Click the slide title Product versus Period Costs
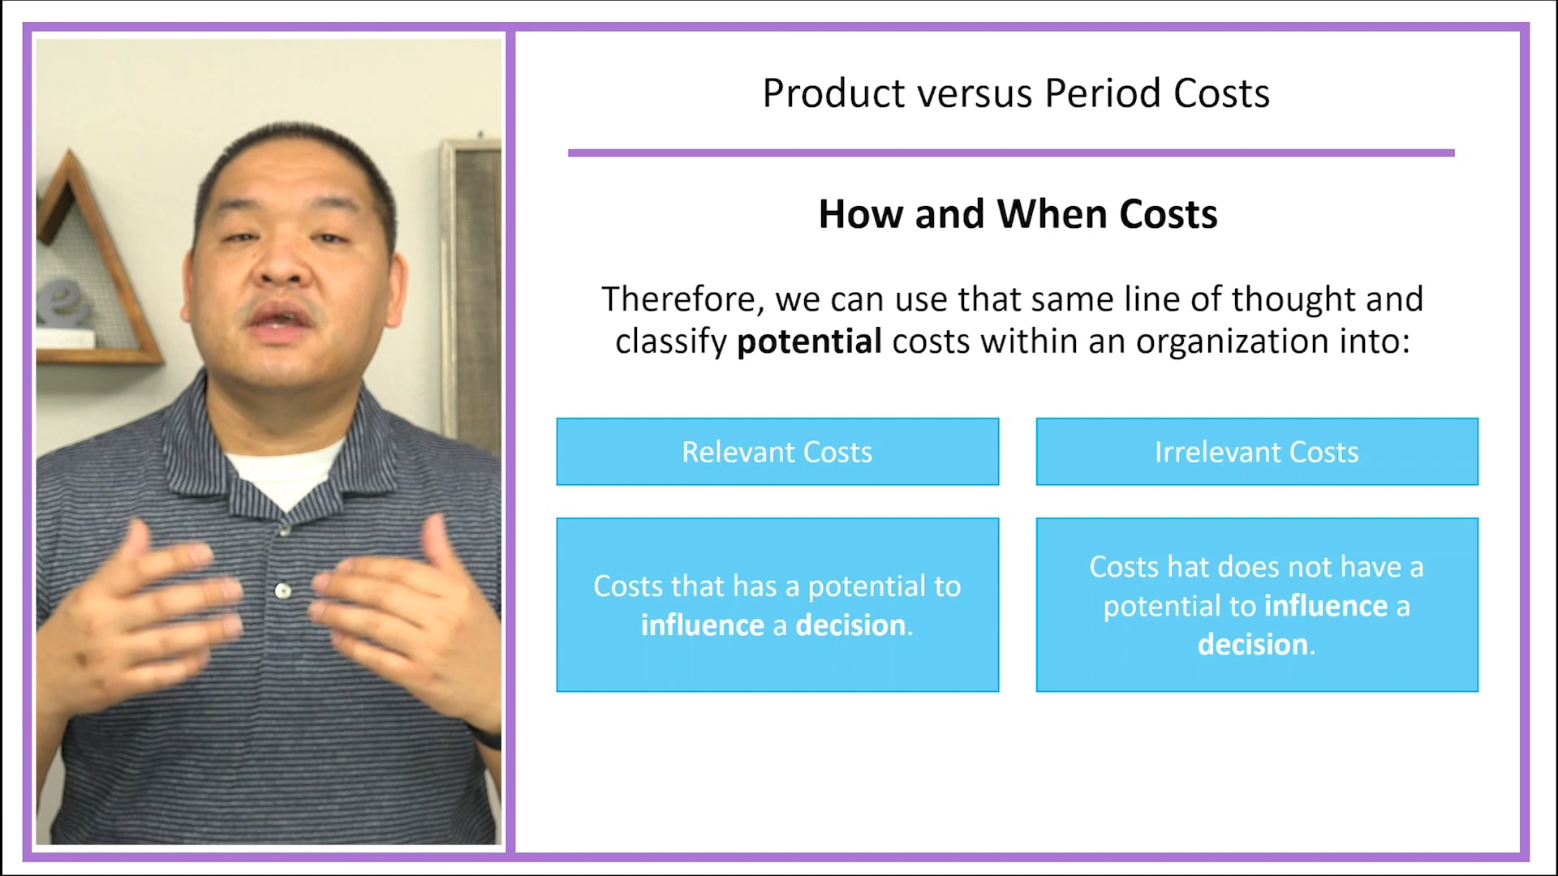[1015, 93]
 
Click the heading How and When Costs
[1018, 215]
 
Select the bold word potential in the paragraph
[808, 341]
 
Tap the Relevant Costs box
[777, 452]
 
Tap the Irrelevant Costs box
[1256, 452]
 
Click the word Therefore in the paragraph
[680, 299]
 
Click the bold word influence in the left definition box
[702, 625]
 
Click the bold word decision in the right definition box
[1252, 645]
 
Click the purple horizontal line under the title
[1010, 152]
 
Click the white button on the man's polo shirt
[282, 590]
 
